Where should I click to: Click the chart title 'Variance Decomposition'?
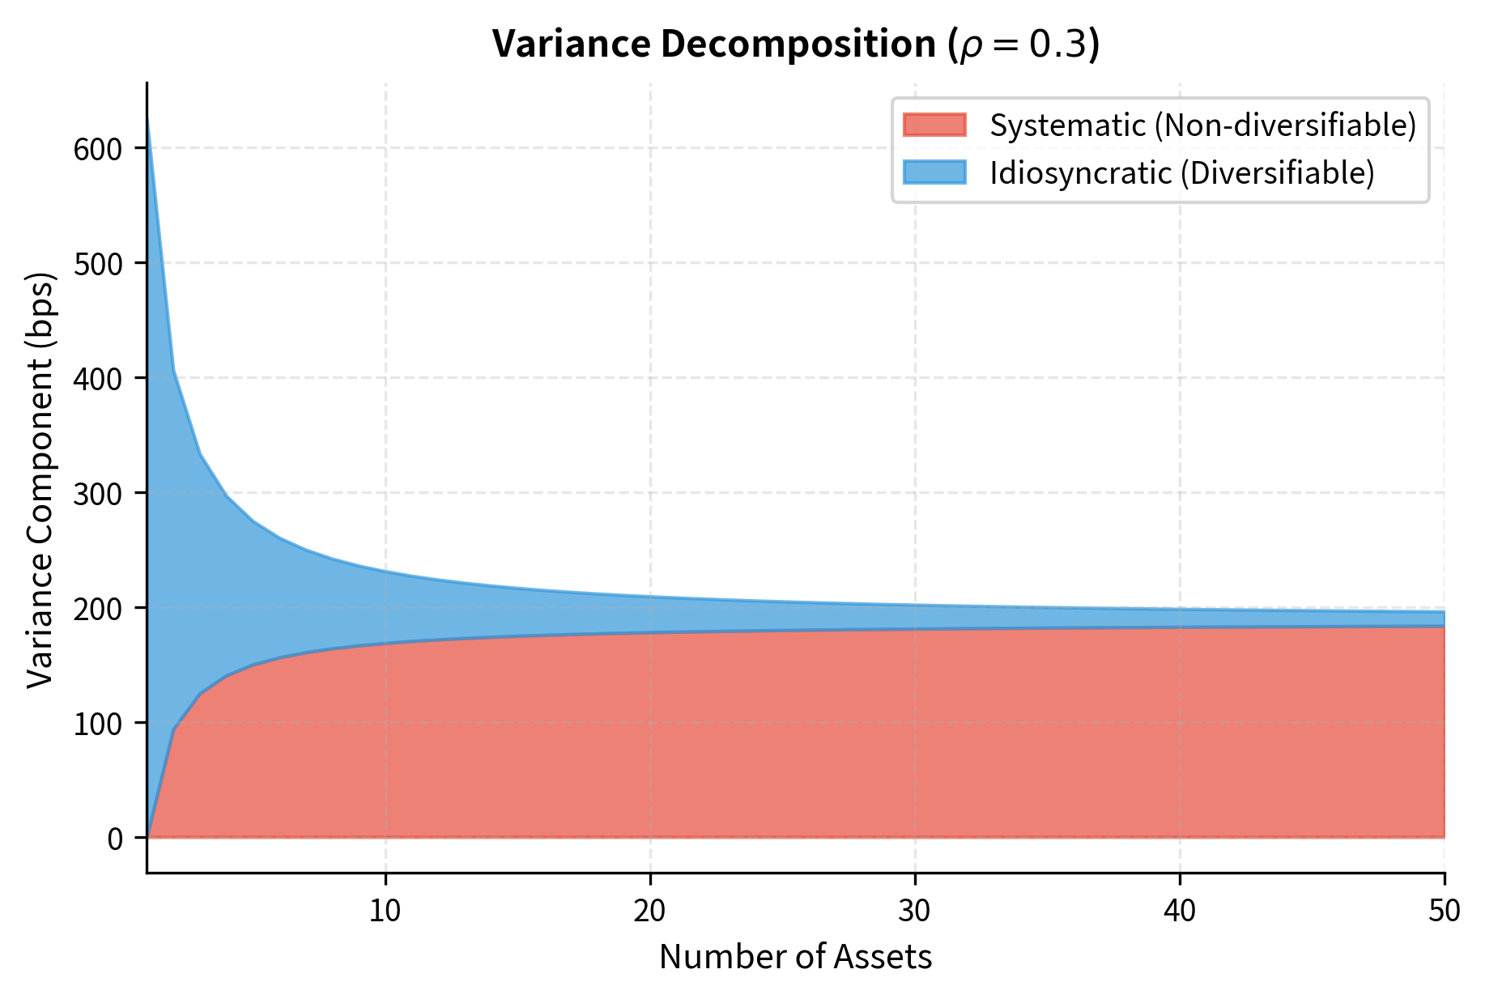tap(713, 45)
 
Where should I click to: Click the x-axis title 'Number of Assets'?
tap(795, 957)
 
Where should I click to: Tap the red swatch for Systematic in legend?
tap(934, 125)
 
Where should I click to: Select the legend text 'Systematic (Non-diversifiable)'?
tap(1203, 125)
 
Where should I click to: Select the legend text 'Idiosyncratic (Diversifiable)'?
tap(1182, 173)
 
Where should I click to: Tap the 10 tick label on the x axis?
tap(385, 912)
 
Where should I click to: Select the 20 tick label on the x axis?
tap(650, 912)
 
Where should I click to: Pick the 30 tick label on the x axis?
tap(915, 912)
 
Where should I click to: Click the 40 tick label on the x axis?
tap(1180, 912)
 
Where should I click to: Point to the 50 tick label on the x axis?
tap(1445, 912)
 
